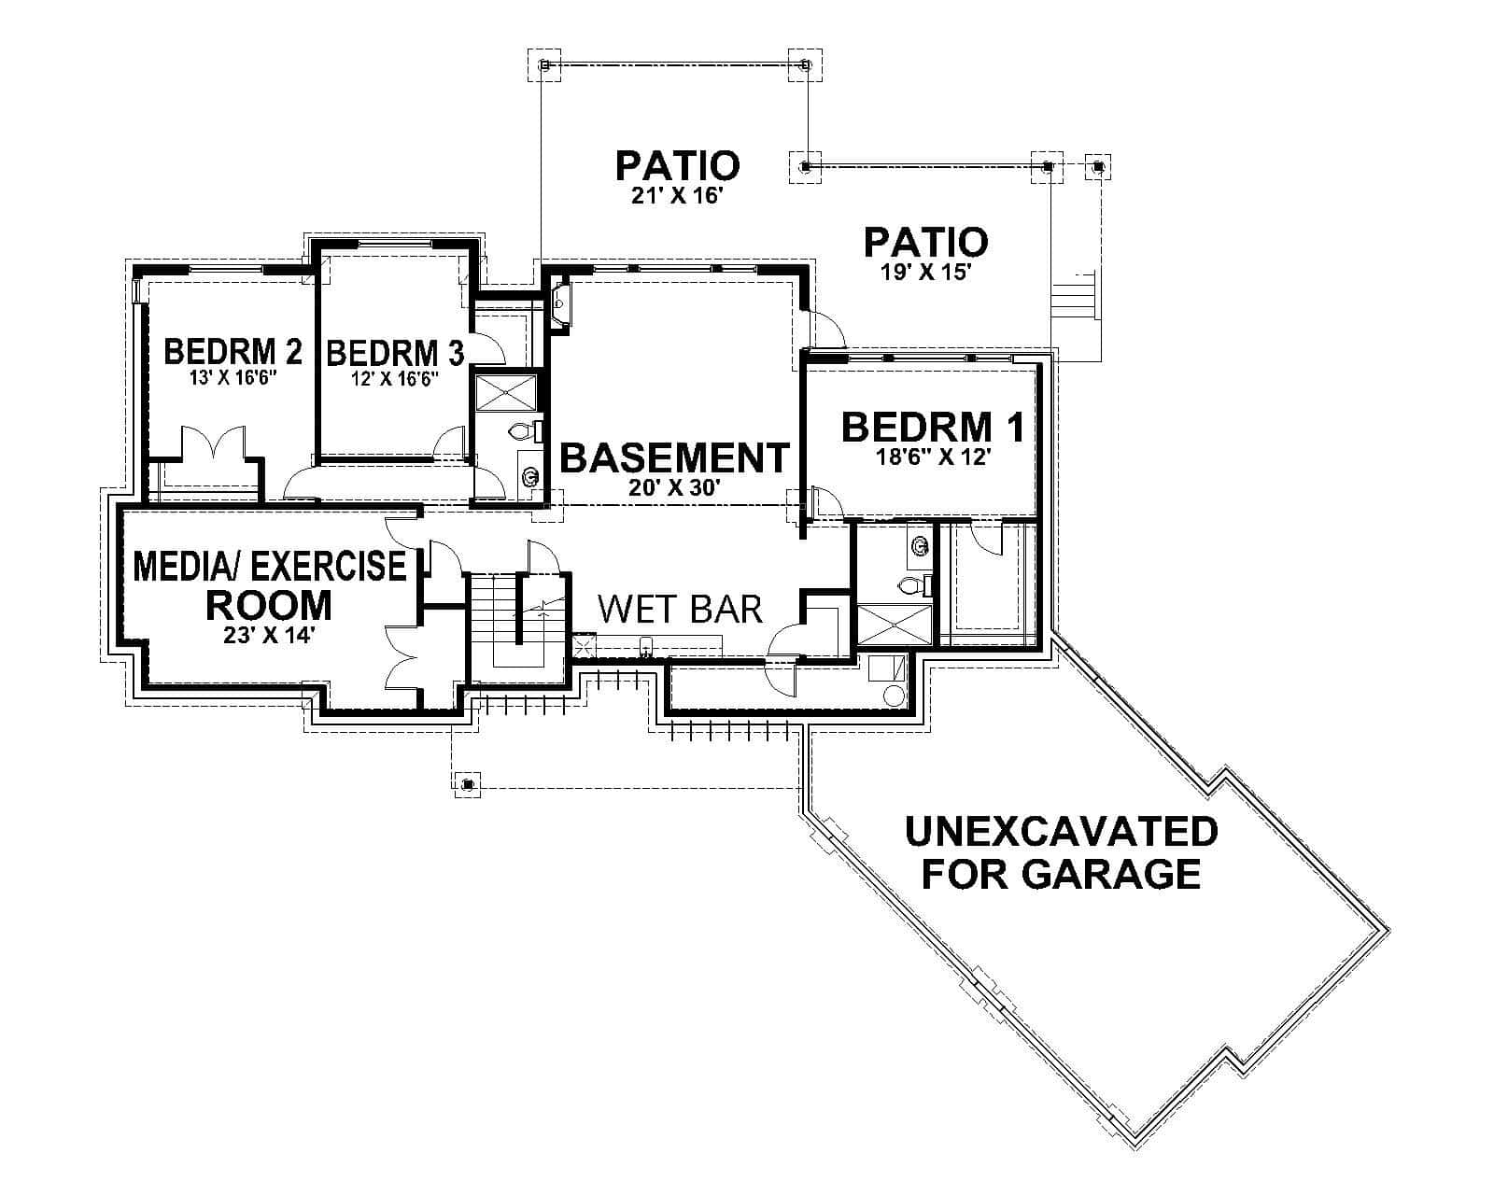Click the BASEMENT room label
(674, 458)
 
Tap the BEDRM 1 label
(932, 427)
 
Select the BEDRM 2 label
(233, 352)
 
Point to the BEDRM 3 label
(395, 353)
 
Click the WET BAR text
(680, 609)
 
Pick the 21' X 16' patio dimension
(677, 197)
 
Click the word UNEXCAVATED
(1061, 831)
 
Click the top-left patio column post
(545, 64)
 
